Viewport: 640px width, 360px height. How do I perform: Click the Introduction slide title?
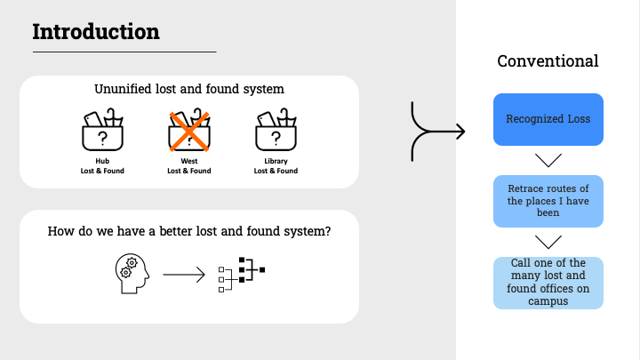96,32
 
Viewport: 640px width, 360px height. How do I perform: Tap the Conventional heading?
548,61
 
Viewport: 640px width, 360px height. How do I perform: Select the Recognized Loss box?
548,119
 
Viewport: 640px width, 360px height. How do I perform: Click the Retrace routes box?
548,201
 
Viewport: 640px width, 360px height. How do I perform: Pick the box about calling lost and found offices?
548,283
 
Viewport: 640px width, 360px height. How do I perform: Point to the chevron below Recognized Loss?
548,161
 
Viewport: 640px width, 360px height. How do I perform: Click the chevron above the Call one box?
548,242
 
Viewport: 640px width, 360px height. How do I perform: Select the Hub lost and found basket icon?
102,131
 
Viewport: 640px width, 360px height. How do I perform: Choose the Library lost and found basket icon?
276,131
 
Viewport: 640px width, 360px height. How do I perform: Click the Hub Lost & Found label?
102,166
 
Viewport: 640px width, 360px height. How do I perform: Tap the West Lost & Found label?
189,166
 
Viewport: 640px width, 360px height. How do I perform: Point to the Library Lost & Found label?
276,166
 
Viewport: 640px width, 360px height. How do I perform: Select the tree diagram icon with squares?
242,274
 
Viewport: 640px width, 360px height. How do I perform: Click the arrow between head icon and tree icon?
184,274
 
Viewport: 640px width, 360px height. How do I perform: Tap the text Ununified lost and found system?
189,90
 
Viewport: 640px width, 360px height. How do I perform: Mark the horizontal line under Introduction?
124,52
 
